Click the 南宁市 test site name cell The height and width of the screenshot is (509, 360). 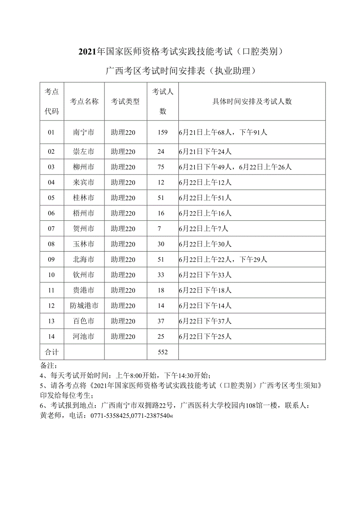coord(84,133)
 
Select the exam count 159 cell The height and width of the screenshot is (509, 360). coord(162,133)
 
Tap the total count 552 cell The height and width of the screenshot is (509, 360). coord(162,352)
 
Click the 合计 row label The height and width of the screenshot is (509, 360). coord(52,352)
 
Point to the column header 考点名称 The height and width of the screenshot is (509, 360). coord(84,102)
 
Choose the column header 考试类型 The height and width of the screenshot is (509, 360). coord(125,102)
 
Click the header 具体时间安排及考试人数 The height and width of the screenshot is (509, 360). coord(252,102)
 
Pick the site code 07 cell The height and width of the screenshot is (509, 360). coord(51,229)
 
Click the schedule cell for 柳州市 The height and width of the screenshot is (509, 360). coord(235,167)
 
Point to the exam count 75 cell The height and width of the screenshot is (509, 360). coord(161,167)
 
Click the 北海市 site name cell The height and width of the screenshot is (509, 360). coord(84,259)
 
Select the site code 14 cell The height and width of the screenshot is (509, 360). coord(51,336)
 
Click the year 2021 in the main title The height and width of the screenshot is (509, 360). coord(87,51)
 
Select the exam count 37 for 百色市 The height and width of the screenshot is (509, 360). coord(161,321)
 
